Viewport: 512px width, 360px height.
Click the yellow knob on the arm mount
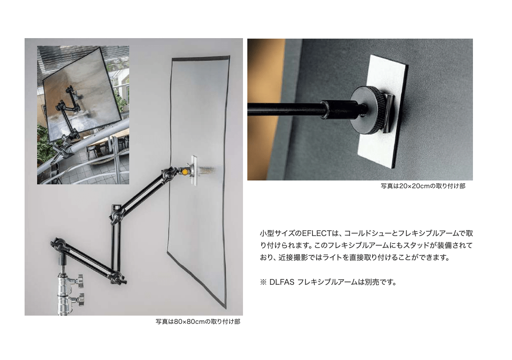[185, 171]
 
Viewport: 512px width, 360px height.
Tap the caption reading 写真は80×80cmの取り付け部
[198, 322]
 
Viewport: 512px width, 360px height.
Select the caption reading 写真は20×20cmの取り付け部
[423, 186]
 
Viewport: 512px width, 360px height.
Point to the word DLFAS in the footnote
[282, 282]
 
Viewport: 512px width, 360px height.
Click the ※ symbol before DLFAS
[263, 282]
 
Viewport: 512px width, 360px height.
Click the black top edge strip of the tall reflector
[201, 58]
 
